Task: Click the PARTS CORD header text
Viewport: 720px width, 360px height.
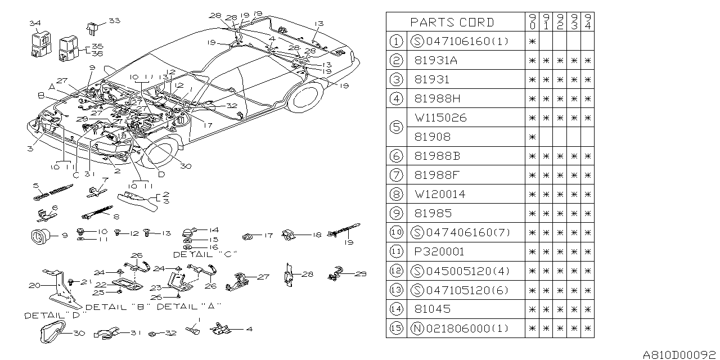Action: (x=452, y=22)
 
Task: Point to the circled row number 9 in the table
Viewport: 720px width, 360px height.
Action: (x=396, y=213)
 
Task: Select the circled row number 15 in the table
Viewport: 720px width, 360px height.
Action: (x=396, y=328)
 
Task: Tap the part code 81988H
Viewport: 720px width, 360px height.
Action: (x=435, y=98)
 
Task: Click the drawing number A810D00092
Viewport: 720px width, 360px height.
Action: (x=680, y=354)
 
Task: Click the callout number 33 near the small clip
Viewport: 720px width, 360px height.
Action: (x=114, y=21)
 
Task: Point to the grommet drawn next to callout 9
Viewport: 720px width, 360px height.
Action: (x=41, y=236)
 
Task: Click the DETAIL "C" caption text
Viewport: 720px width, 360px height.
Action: (x=192, y=254)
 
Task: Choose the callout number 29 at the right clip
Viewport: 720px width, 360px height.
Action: (x=361, y=274)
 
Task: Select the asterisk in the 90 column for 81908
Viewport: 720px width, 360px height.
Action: (x=532, y=137)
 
